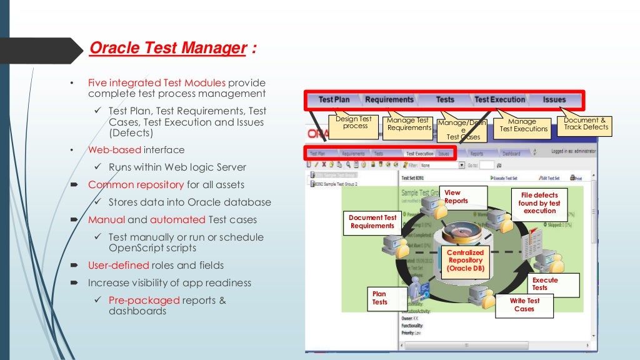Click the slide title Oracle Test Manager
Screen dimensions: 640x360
tap(167, 48)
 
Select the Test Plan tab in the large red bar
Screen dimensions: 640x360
tap(334, 99)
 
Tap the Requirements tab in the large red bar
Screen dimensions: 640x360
tap(389, 99)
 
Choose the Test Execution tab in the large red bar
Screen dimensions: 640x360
tap(499, 99)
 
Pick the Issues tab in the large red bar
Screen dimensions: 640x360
tap(554, 99)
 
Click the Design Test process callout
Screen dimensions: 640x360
tap(353, 122)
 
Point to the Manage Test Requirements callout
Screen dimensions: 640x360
tap(409, 124)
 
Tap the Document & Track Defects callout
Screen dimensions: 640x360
tap(585, 124)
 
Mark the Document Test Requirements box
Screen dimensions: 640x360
tap(372, 222)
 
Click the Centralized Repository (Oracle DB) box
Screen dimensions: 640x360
tap(465, 260)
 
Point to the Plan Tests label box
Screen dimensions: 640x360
tap(380, 297)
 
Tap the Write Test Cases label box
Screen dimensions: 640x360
tap(524, 304)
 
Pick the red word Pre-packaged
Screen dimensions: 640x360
tap(144, 300)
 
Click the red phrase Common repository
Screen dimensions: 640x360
tap(136, 185)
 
